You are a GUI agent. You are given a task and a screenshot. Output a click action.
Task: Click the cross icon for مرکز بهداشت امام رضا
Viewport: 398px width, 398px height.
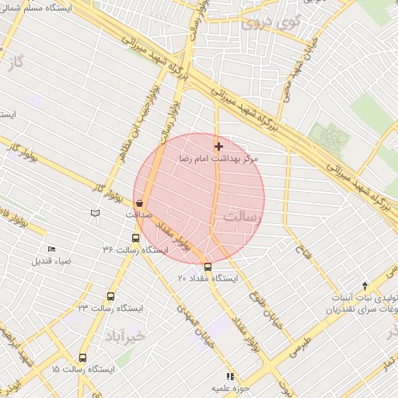pos(218,146)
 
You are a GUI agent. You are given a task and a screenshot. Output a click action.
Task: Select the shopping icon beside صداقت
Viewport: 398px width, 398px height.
pos(138,203)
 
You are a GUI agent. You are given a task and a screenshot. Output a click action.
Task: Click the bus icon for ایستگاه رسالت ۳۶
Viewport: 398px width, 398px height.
pos(136,239)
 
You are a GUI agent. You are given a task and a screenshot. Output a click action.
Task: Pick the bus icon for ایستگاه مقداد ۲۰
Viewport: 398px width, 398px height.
pos(207,267)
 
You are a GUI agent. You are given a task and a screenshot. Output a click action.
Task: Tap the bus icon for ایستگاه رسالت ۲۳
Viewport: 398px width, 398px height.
pos(110,296)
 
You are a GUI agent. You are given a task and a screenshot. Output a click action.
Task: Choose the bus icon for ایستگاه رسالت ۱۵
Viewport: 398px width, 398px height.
pos(82,358)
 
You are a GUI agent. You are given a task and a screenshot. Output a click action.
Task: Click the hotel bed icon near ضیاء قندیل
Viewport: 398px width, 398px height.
pos(51,249)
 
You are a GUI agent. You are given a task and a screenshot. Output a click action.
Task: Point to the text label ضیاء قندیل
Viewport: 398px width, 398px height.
pos(51,260)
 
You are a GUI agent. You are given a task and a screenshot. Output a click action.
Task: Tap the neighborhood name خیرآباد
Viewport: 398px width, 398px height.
pos(124,336)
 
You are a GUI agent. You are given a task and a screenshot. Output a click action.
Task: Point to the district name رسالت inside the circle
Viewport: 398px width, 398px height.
pos(240,216)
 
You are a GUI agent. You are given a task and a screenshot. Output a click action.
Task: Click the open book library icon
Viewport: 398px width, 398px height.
pos(95,213)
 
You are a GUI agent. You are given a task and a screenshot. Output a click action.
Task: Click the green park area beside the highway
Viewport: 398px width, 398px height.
pos(330,138)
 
